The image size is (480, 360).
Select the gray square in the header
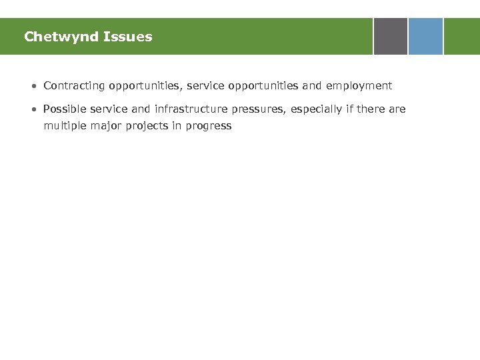(390, 36)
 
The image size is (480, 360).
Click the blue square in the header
(425, 36)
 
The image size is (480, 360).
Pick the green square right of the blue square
(461, 36)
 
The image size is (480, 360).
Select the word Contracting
(73, 85)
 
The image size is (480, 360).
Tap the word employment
(359, 85)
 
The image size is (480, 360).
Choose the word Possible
(64, 109)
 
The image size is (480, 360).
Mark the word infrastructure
(191, 109)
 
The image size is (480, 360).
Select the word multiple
(63, 125)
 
